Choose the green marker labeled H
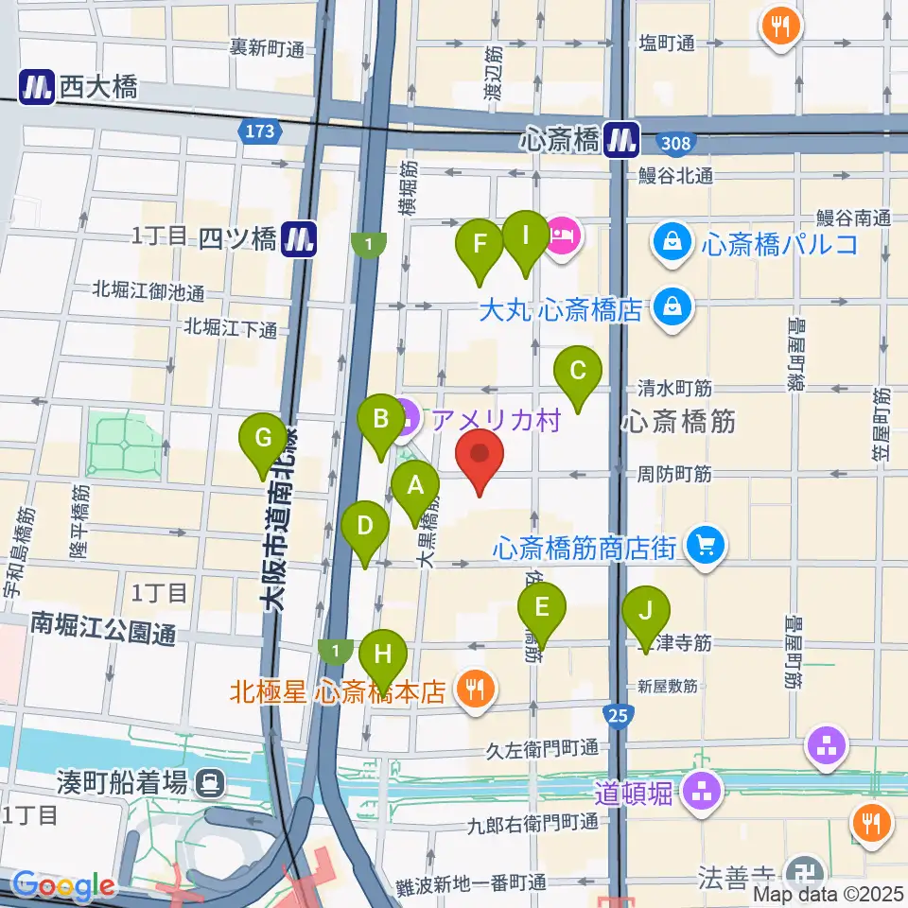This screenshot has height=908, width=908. (x=383, y=657)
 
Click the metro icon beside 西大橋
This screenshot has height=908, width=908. (x=37, y=88)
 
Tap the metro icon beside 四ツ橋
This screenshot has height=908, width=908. (x=300, y=238)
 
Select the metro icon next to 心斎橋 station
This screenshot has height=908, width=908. (x=623, y=141)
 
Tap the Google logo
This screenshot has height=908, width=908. (x=63, y=885)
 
